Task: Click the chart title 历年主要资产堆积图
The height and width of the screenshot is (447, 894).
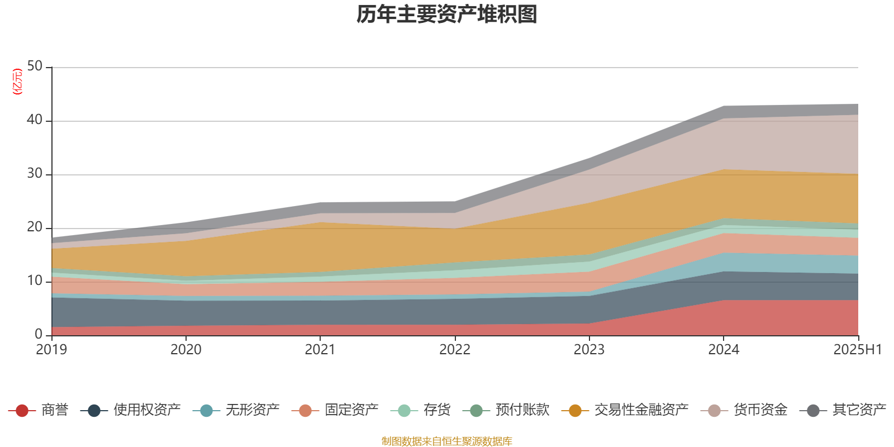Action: [x=447, y=15]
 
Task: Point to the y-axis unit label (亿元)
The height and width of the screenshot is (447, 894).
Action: [x=17, y=82]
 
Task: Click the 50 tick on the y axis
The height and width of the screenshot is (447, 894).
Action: [x=35, y=66]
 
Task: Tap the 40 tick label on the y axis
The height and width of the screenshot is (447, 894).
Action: [x=35, y=120]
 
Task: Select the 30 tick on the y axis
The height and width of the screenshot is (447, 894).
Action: [x=35, y=174]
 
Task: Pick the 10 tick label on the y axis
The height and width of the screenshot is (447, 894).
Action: [x=35, y=281]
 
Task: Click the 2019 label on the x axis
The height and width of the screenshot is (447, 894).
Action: [x=51, y=350]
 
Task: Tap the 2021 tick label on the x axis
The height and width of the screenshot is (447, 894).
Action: [x=320, y=350]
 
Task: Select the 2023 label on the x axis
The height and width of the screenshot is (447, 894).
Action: [x=589, y=350]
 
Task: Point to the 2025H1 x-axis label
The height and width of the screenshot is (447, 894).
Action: [x=857, y=350]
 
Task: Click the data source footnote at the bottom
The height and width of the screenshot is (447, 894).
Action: [x=447, y=441]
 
